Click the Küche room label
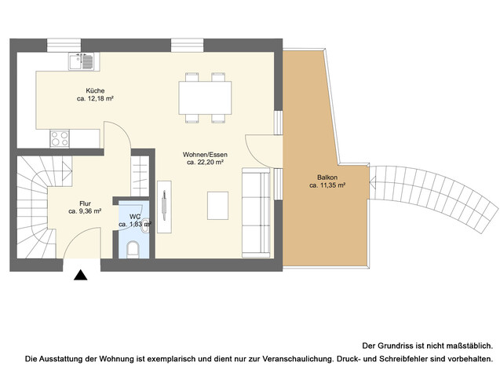pyautogui.click(x=90, y=90)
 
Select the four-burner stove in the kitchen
pyautogui.click(x=60, y=139)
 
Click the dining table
pyautogui.click(x=206, y=97)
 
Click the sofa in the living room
pyautogui.click(x=254, y=211)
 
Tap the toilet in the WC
pyautogui.click(x=133, y=250)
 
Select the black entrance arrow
pyautogui.click(x=80, y=276)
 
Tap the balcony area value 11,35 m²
pyautogui.click(x=327, y=186)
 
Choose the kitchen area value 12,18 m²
pyautogui.click(x=96, y=100)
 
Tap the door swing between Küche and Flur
pyautogui.click(x=115, y=136)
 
